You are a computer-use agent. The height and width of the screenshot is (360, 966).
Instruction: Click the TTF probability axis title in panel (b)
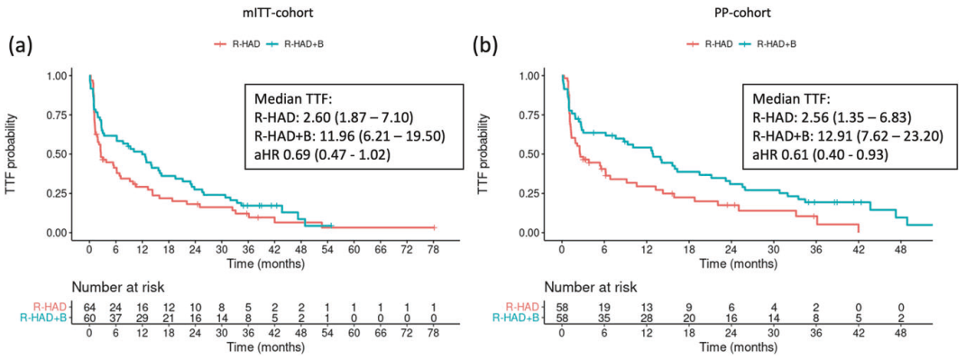[x=484, y=154]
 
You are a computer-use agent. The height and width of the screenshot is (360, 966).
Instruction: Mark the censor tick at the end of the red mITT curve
[x=434, y=227]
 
